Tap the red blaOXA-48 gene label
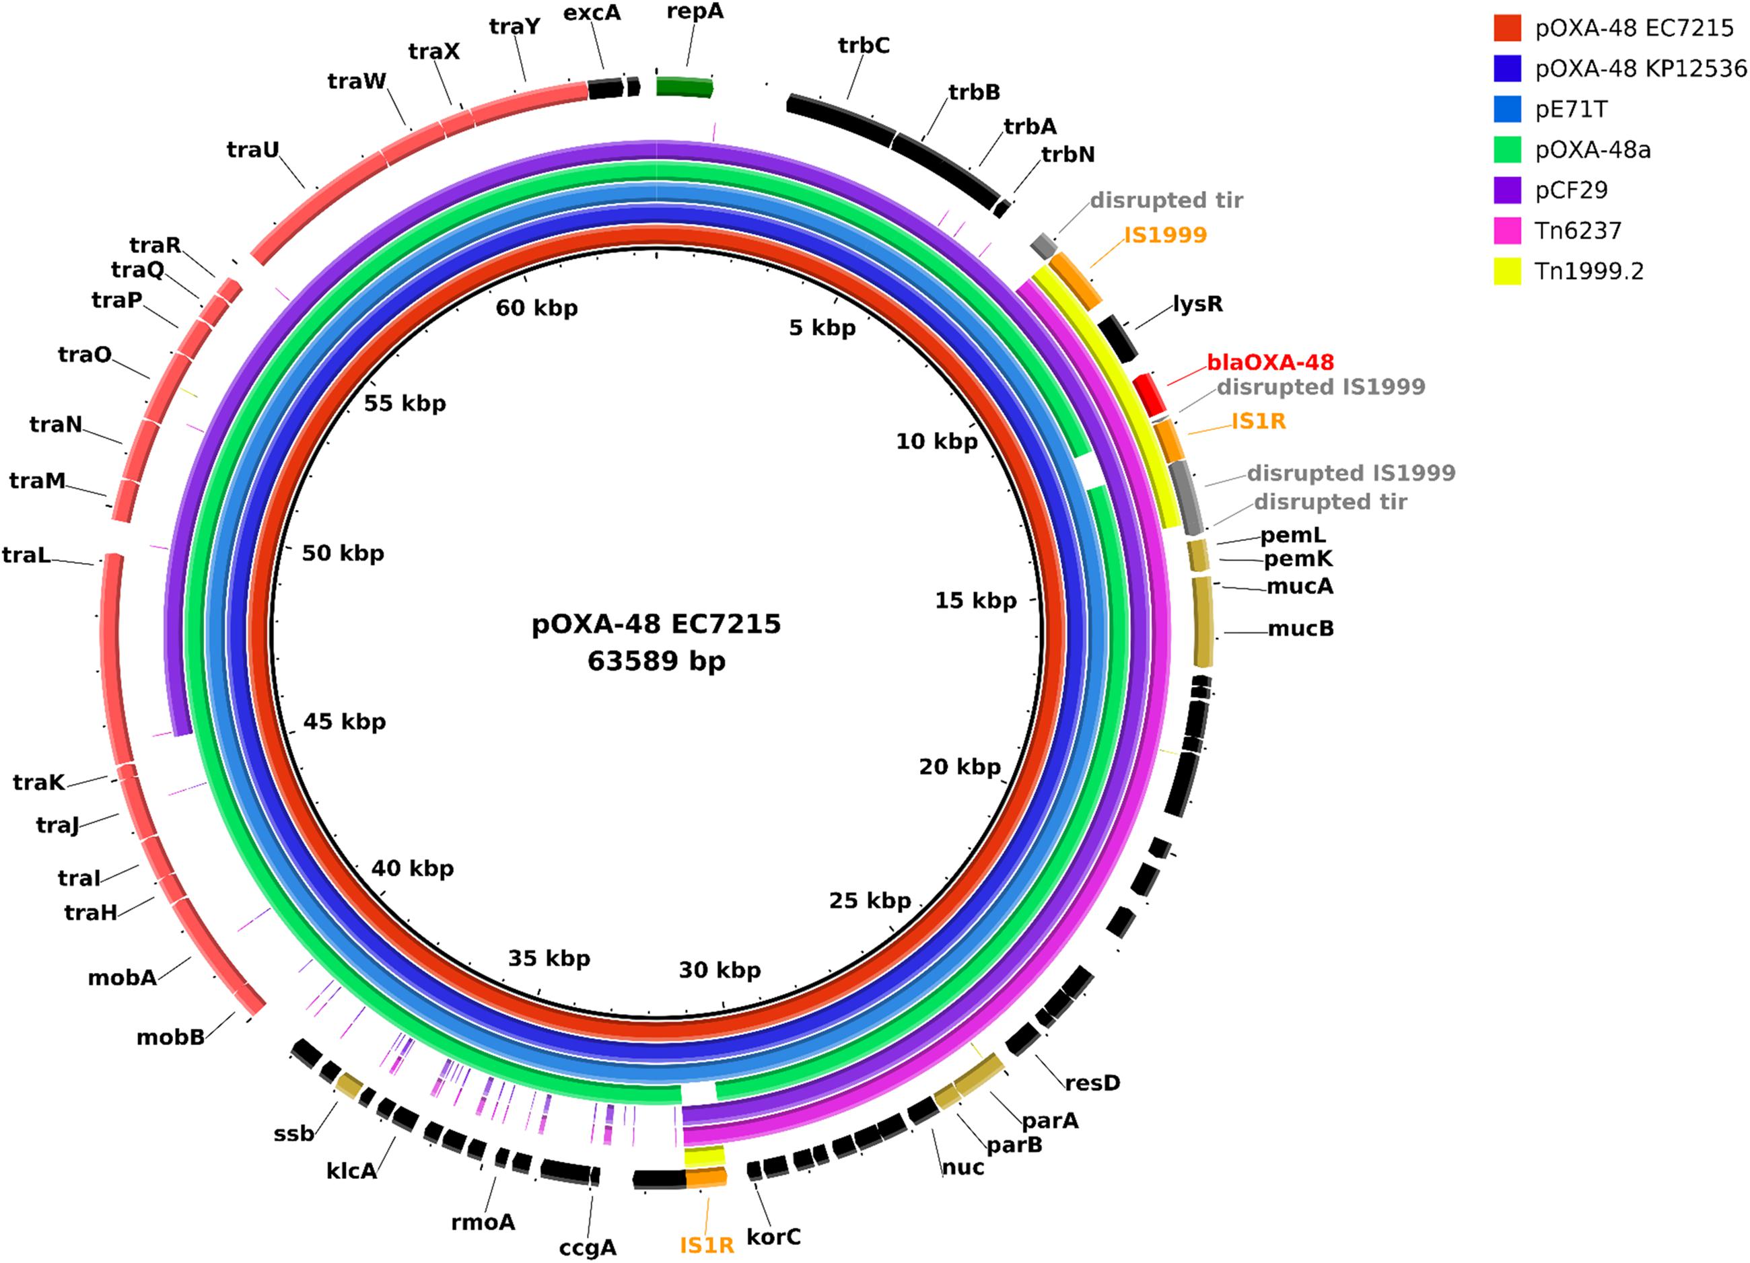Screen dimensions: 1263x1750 [1270, 362]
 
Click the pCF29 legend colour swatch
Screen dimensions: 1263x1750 [1508, 190]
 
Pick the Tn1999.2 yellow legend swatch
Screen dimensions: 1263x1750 [1508, 270]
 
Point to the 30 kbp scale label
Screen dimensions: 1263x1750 [719, 970]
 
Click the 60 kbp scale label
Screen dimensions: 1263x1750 [536, 308]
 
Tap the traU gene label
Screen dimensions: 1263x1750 [252, 149]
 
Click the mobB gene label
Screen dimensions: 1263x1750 [170, 1037]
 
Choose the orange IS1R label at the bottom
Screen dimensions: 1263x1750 [706, 1246]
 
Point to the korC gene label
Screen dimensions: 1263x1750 [773, 1237]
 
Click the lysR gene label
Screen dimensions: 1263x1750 [1197, 303]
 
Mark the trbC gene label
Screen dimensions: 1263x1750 [864, 46]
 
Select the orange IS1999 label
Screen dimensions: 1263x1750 [1165, 235]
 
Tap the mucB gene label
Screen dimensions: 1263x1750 [1300, 628]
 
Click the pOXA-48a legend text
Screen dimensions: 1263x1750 [1593, 149]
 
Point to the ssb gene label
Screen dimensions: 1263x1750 [293, 1133]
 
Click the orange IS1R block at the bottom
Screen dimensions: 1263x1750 [706, 1178]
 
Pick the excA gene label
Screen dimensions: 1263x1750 [592, 13]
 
